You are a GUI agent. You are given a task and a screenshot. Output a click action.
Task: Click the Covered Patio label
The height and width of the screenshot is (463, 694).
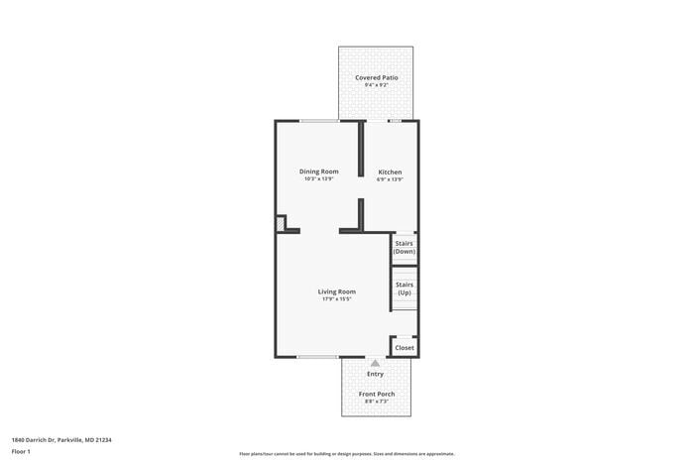pyautogui.click(x=376, y=77)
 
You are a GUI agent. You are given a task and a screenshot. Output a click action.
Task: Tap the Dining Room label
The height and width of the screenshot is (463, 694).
pyautogui.click(x=319, y=172)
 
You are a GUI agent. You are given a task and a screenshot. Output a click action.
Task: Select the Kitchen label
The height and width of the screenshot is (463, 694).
pyautogui.click(x=390, y=173)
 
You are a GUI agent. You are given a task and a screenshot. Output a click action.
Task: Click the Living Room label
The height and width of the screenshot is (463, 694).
pyautogui.click(x=337, y=291)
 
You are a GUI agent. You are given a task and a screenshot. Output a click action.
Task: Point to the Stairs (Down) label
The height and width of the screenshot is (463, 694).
pyautogui.click(x=405, y=248)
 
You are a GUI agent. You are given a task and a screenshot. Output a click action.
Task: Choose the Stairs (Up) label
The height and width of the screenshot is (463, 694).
pyautogui.click(x=405, y=289)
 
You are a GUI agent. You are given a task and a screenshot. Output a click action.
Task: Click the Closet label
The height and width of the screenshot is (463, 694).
pyautogui.click(x=405, y=348)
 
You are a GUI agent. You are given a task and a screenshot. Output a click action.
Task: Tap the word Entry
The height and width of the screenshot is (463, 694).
pyautogui.click(x=375, y=374)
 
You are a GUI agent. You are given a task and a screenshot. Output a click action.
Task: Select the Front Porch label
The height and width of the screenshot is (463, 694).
pyautogui.click(x=376, y=394)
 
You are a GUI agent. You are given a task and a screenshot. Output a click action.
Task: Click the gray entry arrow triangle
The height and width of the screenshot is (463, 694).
pyautogui.click(x=375, y=364)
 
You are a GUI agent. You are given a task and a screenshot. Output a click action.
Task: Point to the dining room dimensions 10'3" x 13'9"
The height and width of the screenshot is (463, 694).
pyautogui.click(x=319, y=179)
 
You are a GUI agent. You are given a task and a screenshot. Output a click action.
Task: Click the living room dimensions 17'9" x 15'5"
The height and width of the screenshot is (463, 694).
pyautogui.click(x=337, y=299)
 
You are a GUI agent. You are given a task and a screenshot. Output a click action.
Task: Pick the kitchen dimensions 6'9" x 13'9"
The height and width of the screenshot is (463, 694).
pyautogui.click(x=390, y=180)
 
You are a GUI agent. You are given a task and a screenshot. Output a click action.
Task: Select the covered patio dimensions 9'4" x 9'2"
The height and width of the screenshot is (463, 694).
pyautogui.click(x=376, y=85)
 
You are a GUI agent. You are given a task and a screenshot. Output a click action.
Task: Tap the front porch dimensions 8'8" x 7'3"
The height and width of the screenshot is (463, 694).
pyautogui.click(x=376, y=402)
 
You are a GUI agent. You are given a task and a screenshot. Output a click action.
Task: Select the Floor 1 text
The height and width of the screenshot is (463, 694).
pyautogui.click(x=21, y=452)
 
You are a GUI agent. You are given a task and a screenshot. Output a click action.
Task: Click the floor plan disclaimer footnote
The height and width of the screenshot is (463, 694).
pyautogui.click(x=346, y=453)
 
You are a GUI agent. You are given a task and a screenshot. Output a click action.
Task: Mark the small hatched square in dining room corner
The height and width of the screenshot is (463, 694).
pyautogui.click(x=282, y=225)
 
